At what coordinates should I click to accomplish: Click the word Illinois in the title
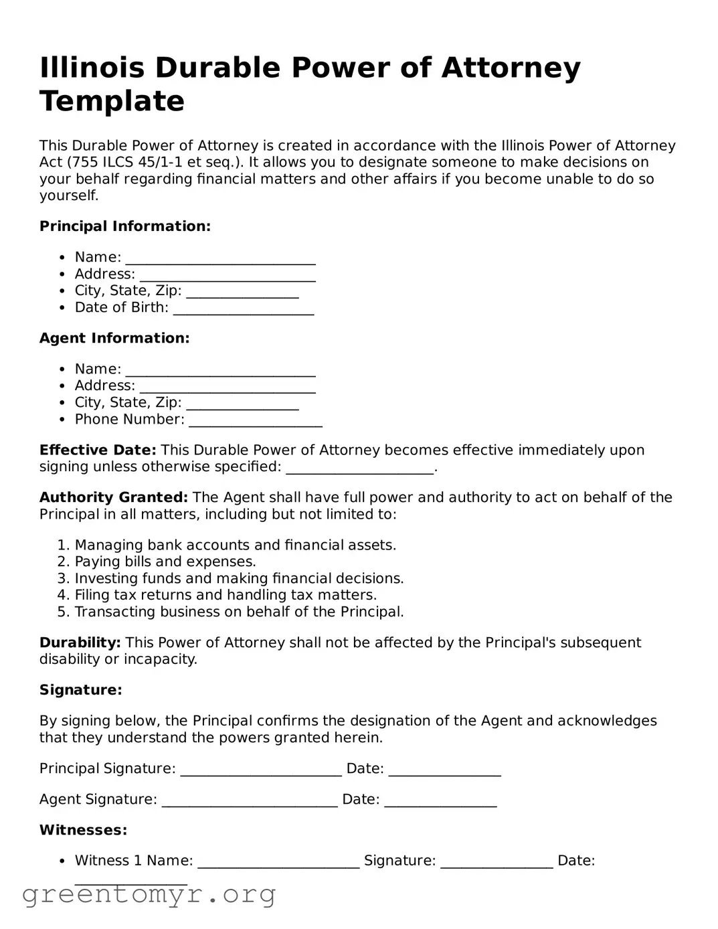92,68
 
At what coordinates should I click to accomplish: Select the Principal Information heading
125,226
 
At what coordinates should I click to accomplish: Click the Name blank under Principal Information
220,258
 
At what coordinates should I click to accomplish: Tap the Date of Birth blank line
243,309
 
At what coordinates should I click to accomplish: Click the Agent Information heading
114,338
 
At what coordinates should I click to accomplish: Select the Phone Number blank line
255,420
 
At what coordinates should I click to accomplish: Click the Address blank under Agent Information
228,387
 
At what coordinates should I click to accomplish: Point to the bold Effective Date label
98,450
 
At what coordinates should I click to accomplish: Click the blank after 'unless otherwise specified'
360,468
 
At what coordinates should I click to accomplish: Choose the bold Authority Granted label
114,497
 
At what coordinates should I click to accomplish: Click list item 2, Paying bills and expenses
165,562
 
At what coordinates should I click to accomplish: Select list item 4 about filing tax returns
226,595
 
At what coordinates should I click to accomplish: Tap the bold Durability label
80,643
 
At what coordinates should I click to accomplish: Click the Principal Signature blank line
261,770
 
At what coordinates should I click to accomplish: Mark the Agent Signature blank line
250,800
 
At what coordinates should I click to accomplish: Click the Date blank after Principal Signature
444,770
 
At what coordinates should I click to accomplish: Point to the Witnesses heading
84,830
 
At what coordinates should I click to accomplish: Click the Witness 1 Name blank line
278,862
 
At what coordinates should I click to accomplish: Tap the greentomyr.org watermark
149,894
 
